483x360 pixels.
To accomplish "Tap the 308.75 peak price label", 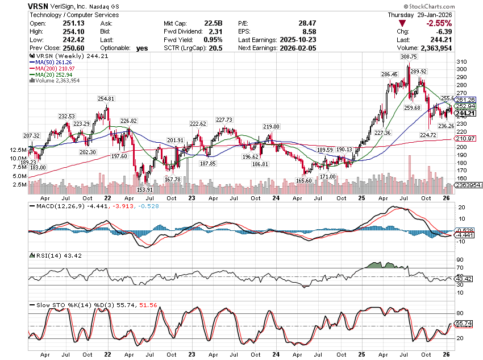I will click(409, 57).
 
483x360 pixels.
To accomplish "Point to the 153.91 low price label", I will click(145, 189).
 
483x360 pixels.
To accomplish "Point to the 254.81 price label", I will click(106, 99).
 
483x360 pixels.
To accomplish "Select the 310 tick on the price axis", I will click(461, 62).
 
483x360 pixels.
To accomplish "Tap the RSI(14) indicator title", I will click(55, 256).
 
